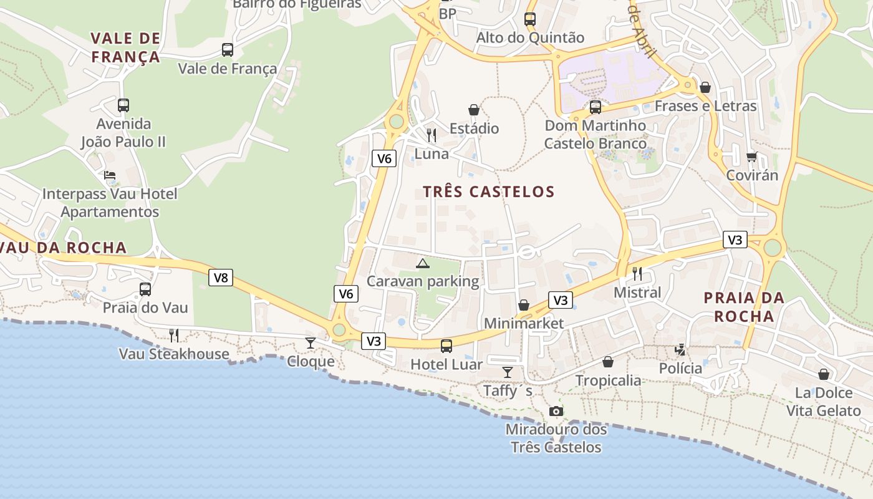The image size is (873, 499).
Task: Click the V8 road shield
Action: click(221, 278)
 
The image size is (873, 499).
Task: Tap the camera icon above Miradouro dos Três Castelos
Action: click(556, 412)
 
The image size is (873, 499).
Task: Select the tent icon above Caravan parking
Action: click(423, 263)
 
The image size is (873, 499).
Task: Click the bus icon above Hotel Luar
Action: click(446, 346)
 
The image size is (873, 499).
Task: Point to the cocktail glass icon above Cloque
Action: click(310, 342)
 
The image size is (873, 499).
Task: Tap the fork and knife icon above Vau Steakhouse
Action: click(174, 336)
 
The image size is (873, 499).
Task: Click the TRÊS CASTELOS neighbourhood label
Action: click(489, 191)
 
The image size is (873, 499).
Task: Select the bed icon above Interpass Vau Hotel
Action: click(110, 176)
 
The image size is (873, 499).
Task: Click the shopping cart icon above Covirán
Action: click(751, 157)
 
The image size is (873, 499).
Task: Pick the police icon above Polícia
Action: click(680, 350)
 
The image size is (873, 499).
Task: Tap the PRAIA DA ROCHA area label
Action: click(744, 307)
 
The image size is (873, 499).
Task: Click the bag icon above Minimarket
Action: click(524, 305)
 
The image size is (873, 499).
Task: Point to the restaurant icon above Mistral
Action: click(637, 274)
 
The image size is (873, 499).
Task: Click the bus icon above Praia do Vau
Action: click(145, 289)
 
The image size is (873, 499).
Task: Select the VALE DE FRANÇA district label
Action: click(125, 47)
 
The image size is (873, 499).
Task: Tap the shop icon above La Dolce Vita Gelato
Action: click(824, 374)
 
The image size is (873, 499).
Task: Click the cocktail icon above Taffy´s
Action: click(508, 372)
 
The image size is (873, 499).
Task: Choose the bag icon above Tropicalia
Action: click(608, 362)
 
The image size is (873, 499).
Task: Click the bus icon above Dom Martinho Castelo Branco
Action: click(596, 107)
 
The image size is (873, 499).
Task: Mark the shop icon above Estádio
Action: click(474, 110)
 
